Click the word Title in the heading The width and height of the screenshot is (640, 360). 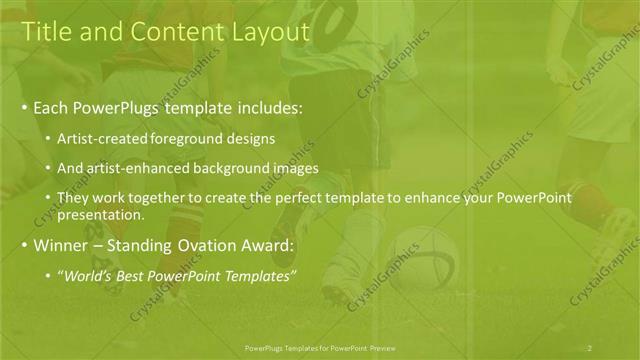(x=46, y=32)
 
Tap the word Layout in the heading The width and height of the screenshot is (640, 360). (x=268, y=32)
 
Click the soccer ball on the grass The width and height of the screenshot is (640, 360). (x=422, y=258)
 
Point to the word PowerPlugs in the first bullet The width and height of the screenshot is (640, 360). (x=116, y=107)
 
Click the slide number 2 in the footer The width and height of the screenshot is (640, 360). (x=590, y=347)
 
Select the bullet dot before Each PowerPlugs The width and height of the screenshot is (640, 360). (x=24, y=107)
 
